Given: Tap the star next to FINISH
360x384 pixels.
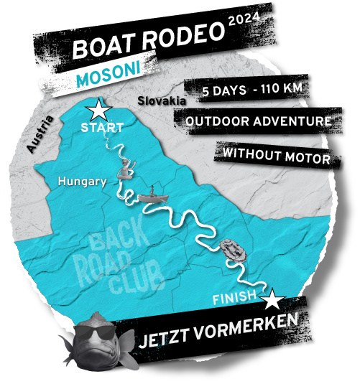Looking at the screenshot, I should point(272,299).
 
